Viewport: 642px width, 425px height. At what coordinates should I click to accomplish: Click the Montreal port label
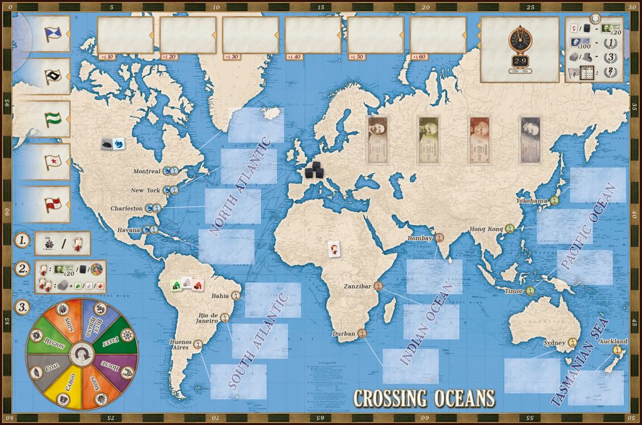[147, 171]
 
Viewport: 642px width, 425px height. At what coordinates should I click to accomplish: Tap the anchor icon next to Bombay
[440, 238]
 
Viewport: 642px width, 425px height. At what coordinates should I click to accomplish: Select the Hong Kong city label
[487, 229]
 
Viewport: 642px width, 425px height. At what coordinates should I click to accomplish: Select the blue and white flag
[53, 34]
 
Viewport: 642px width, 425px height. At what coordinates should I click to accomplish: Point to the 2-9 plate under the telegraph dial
[520, 61]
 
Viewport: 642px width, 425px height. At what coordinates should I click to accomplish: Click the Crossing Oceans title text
[424, 399]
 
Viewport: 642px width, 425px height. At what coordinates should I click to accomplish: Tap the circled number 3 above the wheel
[22, 307]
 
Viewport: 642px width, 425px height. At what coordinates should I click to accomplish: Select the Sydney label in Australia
[554, 344]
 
